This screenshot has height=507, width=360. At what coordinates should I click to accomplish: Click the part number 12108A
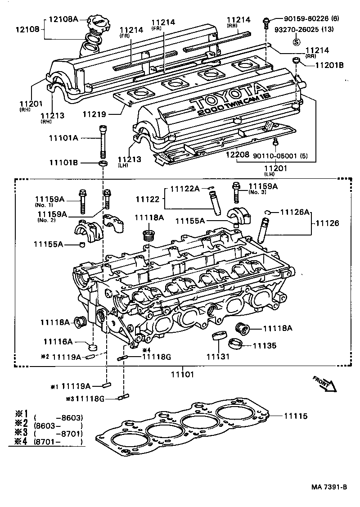click(x=63, y=19)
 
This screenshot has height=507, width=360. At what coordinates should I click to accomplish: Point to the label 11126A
click(x=295, y=212)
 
